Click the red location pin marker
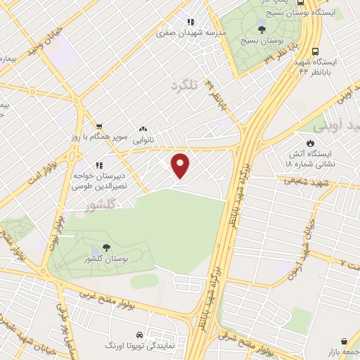181,166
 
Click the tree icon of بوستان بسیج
262,30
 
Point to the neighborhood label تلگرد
185,86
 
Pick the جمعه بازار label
342,349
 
